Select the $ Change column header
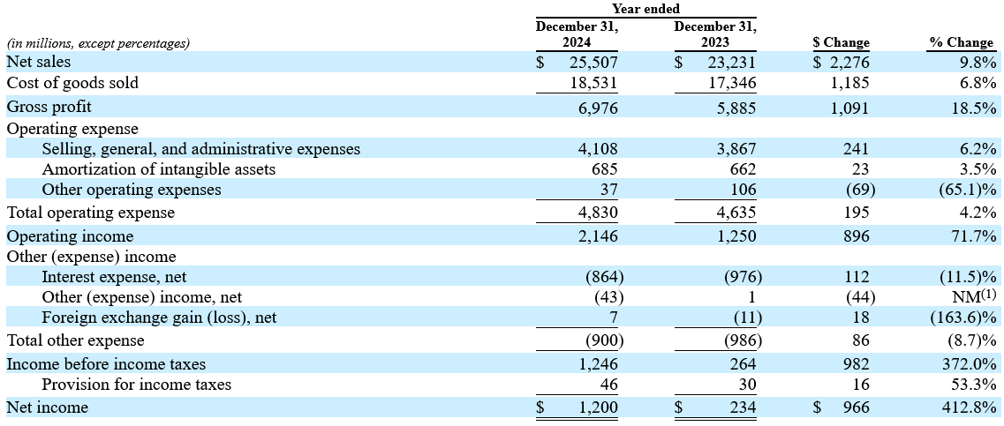pos(840,43)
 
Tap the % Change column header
pos(962,43)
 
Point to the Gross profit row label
pos(49,108)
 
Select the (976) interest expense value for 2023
pos(742,277)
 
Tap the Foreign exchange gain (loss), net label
pos(160,318)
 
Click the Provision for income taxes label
pos(136,385)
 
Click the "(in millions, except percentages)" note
pos(98,43)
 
